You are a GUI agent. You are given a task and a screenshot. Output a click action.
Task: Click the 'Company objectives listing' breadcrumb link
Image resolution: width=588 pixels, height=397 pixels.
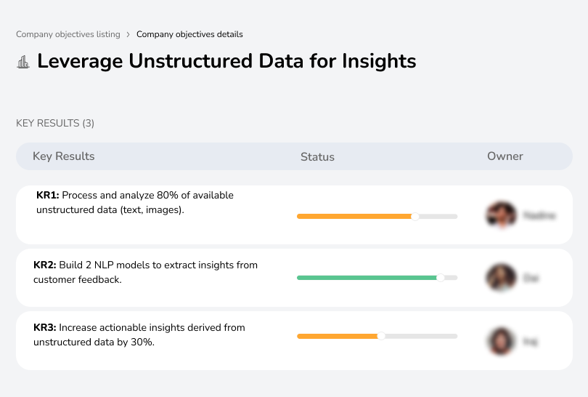click(68, 34)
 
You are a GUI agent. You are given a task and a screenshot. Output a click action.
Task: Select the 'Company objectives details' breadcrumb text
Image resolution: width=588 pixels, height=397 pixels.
click(189, 34)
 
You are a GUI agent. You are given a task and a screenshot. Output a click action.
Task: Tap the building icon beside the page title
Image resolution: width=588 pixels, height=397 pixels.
click(23, 62)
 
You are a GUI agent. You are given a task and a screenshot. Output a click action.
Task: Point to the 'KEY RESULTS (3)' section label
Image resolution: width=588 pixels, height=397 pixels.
click(55, 124)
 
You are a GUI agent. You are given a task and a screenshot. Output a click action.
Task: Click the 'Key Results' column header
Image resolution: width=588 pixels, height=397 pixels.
click(63, 156)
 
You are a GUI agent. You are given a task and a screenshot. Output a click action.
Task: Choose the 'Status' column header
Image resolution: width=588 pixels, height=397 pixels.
click(317, 157)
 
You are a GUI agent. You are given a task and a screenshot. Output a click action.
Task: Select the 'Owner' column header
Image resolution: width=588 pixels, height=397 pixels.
click(505, 156)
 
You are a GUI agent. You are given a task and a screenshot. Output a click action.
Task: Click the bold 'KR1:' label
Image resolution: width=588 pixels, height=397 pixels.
click(48, 196)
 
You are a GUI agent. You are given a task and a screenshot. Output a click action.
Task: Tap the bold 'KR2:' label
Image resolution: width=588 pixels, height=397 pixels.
click(45, 265)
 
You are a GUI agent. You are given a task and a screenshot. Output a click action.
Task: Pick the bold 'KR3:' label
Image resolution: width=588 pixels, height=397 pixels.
click(45, 328)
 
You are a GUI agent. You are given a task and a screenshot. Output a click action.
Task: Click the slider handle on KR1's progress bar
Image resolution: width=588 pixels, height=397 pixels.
click(415, 216)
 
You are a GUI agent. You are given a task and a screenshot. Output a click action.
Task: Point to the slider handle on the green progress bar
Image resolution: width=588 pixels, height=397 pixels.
click(440, 278)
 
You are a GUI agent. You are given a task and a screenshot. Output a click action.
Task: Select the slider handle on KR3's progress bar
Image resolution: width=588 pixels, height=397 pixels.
click(381, 336)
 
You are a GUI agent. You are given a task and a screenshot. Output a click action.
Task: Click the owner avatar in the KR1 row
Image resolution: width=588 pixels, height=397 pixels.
click(500, 214)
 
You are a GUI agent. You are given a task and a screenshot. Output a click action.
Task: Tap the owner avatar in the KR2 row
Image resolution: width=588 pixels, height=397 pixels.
click(500, 278)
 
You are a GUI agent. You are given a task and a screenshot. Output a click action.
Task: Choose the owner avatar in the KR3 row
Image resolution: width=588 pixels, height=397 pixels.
click(500, 340)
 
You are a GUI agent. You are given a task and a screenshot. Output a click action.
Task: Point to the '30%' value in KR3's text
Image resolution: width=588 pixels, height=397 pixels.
click(144, 342)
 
